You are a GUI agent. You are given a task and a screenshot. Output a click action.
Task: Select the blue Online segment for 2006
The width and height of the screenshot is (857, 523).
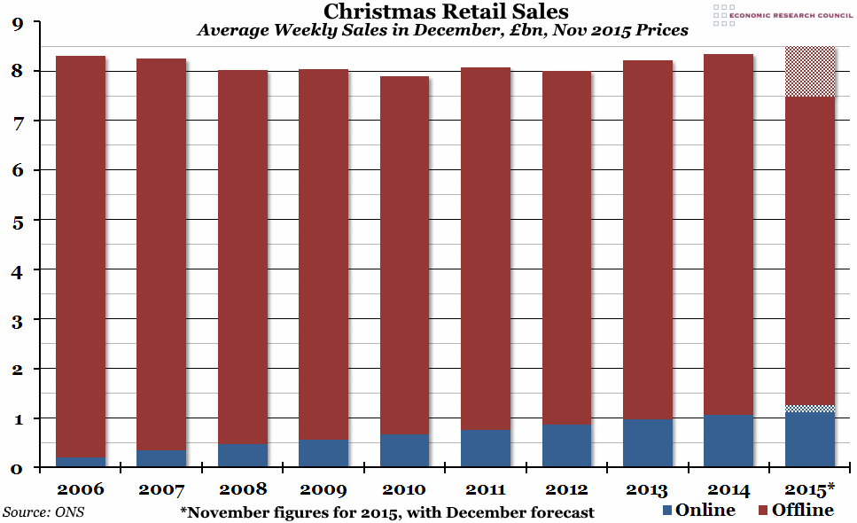pyautogui.click(x=80, y=462)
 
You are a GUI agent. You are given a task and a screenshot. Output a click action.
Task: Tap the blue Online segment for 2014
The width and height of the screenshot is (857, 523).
pyautogui.click(x=728, y=441)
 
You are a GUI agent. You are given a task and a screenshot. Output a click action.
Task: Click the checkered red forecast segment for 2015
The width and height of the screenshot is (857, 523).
pyautogui.click(x=810, y=72)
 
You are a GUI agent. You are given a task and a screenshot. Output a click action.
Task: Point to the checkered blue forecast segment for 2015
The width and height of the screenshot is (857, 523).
pyautogui.click(x=810, y=409)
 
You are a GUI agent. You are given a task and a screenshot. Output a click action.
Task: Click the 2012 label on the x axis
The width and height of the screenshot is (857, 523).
pyautogui.click(x=567, y=489)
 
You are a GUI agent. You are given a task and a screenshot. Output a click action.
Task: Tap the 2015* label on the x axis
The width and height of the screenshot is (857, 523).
pyautogui.click(x=810, y=489)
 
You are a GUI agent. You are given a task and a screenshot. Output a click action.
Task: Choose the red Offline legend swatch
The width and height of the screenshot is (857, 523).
pyautogui.click(x=762, y=511)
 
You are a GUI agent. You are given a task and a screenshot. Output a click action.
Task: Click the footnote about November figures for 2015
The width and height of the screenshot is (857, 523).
pyautogui.click(x=386, y=512)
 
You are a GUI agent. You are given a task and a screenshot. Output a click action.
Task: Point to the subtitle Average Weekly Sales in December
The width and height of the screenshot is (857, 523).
pyautogui.click(x=442, y=31)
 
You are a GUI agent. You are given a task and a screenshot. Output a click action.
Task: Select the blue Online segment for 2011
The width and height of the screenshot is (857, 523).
pyautogui.click(x=486, y=449)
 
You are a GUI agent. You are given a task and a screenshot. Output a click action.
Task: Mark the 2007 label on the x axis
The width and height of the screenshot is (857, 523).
pyautogui.click(x=160, y=489)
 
